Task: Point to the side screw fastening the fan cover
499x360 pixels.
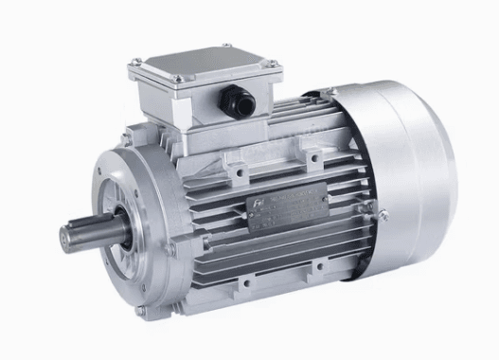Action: [x=383, y=216]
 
